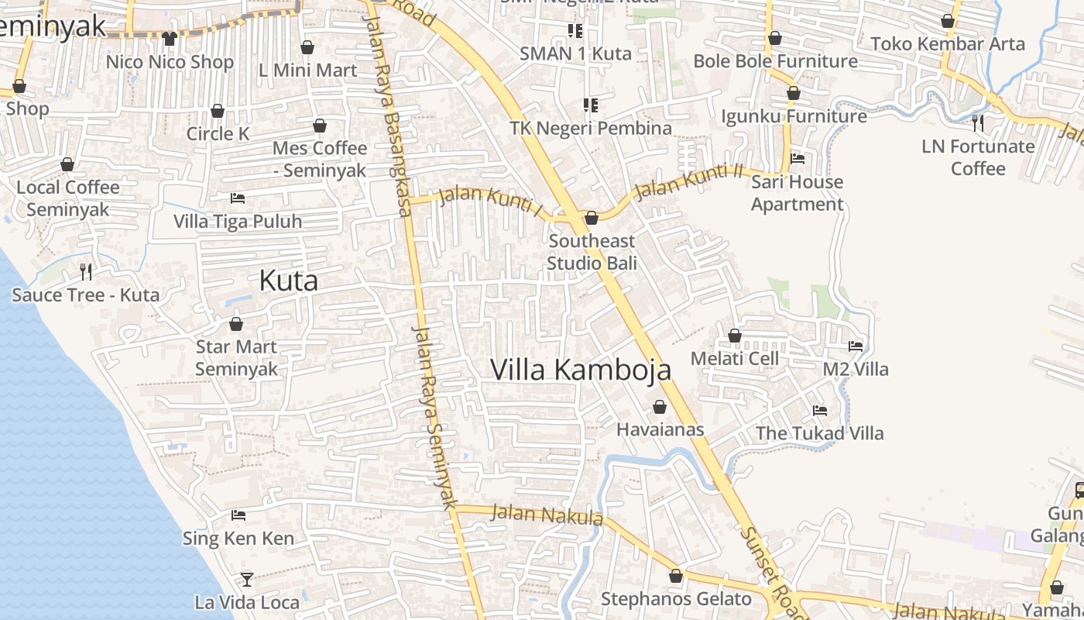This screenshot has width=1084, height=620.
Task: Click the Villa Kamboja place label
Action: click(x=581, y=370)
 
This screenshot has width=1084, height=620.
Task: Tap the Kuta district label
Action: click(x=288, y=280)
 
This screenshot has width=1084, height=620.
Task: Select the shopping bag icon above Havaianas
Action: click(x=660, y=407)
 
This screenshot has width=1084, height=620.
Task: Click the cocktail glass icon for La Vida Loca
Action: click(x=246, y=579)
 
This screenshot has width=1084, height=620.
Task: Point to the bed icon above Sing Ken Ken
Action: click(x=238, y=515)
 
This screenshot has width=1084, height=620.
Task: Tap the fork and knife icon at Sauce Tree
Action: click(x=86, y=271)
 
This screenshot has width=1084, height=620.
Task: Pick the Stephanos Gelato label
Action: click(x=676, y=599)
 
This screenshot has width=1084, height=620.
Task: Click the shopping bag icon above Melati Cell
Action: click(x=735, y=336)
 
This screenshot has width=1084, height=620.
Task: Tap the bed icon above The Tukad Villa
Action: click(x=820, y=410)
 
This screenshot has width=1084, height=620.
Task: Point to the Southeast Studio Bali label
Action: click(x=592, y=252)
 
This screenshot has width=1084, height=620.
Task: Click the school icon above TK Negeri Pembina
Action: click(x=591, y=105)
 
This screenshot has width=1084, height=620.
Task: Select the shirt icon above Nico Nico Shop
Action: click(x=170, y=38)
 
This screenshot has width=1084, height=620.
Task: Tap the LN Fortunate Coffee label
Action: click(x=978, y=157)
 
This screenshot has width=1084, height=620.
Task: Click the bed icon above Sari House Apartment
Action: click(x=798, y=159)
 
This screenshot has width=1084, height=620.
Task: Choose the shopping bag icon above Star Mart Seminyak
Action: click(x=236, y=323)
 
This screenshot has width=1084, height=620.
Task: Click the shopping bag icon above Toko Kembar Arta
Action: click(x=948, y=21)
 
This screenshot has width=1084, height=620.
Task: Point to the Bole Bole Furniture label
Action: click(x=775, y=60)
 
